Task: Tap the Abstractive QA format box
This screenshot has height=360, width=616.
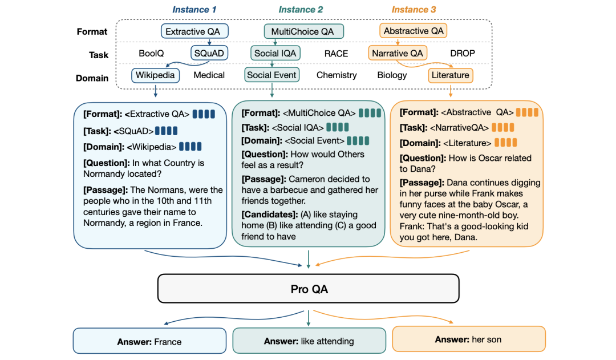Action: click(414, 31)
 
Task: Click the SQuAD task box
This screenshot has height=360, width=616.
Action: click(209, 53)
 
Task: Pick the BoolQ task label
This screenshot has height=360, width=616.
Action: click(151, 53)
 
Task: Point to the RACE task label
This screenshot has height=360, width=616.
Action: click(336, 54)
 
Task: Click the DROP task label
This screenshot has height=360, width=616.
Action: click(462, 53)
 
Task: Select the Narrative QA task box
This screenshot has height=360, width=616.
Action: click(397, 53)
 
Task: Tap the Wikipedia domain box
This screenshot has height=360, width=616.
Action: click(156, 75)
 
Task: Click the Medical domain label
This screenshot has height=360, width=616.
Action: click(209, 75)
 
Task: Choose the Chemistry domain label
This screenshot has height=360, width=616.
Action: click(337, 75)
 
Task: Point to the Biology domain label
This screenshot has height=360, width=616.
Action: click(392, 75)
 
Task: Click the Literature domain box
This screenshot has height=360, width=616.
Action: click(450, 75)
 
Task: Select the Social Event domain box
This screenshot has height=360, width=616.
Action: click(271, 75)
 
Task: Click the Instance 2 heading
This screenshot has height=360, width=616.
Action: click(301, 10)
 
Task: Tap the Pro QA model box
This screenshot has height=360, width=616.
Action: click(308, 289)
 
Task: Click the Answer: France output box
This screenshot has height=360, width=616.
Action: click(149, 342)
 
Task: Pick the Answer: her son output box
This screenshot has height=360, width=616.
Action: click(468, 339)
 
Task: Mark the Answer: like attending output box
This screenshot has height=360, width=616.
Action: click(309, 341)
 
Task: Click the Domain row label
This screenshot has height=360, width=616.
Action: click(92, 78)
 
